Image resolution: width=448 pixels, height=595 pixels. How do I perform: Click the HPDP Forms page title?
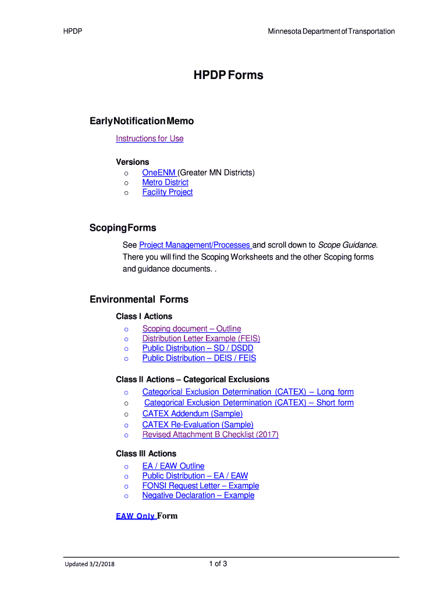coord(228,75)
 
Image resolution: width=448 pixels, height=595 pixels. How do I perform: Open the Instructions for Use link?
coord(150,138)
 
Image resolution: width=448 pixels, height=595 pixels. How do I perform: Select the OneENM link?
coord(159,173)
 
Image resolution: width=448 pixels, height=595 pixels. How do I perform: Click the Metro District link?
coord(165,182)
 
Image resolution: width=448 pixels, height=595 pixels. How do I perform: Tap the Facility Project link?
coord(168,192)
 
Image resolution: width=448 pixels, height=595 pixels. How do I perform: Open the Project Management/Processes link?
coord(195,245)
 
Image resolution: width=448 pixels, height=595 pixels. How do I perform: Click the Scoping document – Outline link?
coord(191,329)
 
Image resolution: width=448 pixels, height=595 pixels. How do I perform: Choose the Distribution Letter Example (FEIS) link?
coord(201,339)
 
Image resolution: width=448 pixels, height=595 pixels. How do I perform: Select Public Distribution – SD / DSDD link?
coord(198,348)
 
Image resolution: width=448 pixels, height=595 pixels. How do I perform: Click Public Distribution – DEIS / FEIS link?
coord(199,359)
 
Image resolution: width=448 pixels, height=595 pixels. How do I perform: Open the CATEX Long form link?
coord(248,392)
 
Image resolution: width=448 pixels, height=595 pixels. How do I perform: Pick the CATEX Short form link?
coord(249,403)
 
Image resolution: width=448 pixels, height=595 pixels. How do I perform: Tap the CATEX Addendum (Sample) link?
coord(193,414)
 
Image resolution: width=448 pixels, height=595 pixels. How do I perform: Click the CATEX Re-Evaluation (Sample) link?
coord(198,425)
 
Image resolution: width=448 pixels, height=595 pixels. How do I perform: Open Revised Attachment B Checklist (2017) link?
coord(211,435)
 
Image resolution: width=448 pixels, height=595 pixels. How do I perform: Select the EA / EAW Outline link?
coord(173,466)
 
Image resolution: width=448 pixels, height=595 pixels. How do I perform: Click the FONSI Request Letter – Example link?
coord(201,486)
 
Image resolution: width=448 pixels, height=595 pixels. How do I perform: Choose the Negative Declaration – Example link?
coord(198,496)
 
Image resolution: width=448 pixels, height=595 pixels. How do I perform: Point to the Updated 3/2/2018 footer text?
coord(90,563)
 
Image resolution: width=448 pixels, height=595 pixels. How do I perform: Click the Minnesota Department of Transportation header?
coord(331,31)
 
